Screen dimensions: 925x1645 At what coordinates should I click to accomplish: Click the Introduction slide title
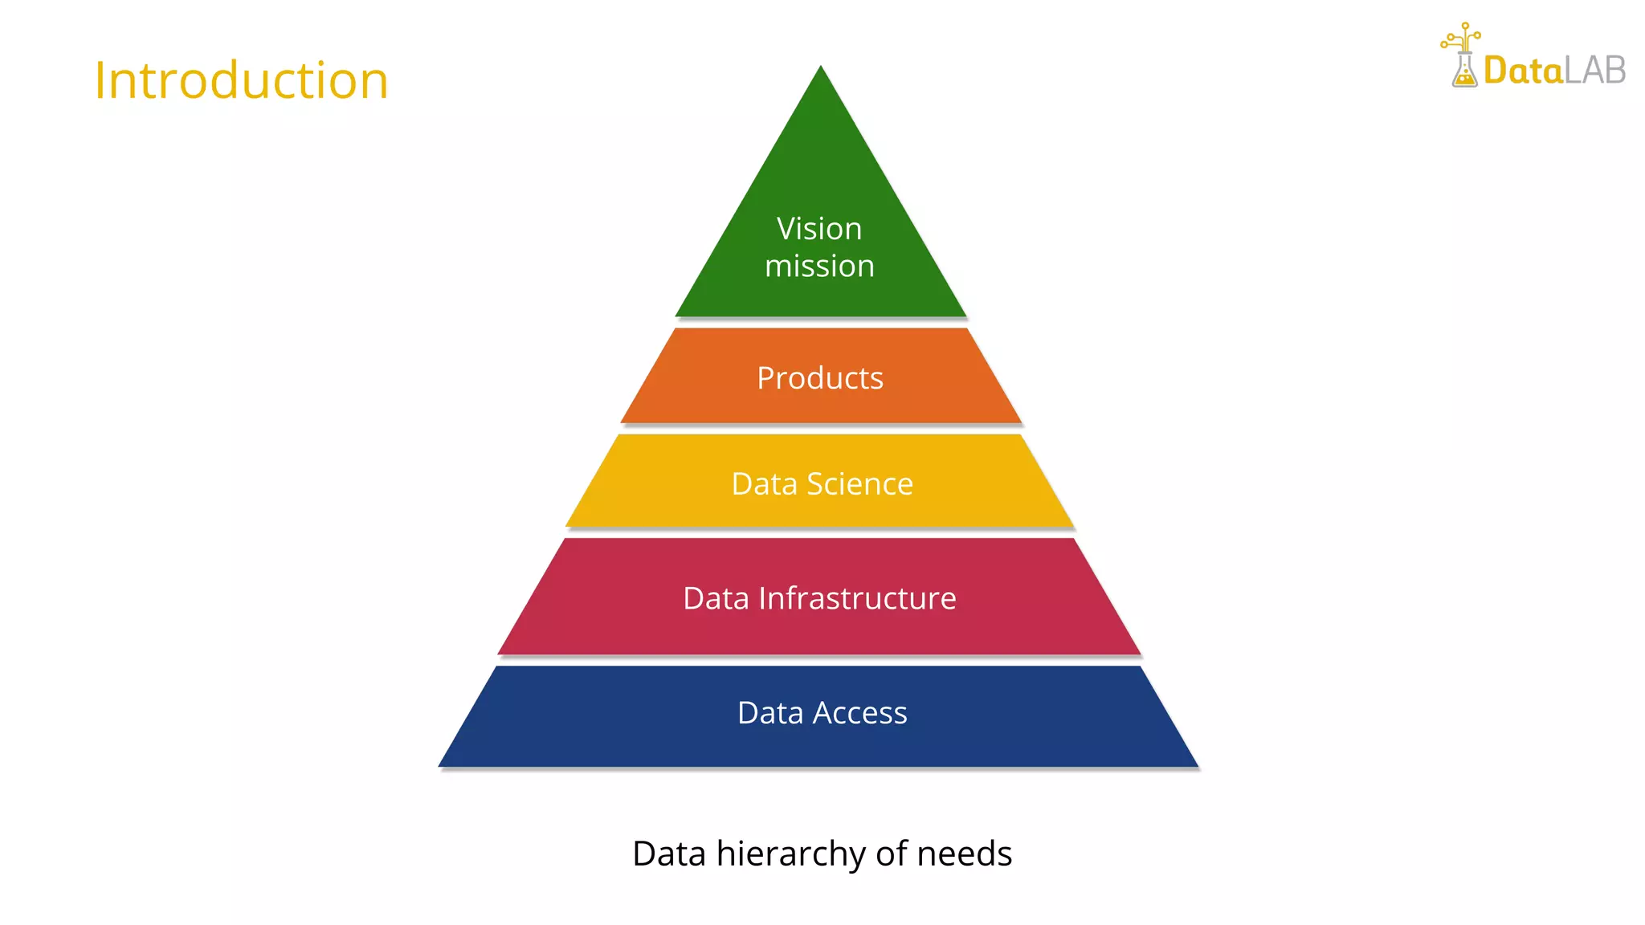click(x=241, y=80)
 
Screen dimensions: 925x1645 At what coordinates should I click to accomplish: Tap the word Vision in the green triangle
click(x=819, y=229)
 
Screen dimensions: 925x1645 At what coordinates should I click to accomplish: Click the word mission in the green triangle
click(x=819, y=267)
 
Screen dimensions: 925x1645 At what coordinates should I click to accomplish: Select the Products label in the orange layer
click(x=820, y=378)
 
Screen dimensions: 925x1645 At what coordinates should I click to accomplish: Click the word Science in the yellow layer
click(x=859, y=484)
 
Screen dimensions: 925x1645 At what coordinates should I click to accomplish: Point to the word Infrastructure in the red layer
click(x=857, y=599)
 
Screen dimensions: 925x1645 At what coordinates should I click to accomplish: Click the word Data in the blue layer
click(x=770, y=713)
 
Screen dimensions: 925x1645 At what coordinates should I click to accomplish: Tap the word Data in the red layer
click(x=716, y=599)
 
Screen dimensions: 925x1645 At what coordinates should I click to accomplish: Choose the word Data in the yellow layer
click(x=764, y=484)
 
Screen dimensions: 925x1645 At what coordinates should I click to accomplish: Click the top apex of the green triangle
click(x=820, y=68)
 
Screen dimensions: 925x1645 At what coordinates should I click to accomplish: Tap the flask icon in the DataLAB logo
click(x=1464, y=68)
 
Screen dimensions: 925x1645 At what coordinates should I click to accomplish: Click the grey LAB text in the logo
click(x=1595, y=71)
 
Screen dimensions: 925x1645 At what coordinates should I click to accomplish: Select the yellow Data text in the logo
click(x=1523, y=71)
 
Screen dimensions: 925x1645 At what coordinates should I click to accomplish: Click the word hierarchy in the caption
click(x=791, y=854)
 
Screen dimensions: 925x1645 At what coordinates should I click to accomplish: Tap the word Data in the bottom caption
click(x=669, y=854)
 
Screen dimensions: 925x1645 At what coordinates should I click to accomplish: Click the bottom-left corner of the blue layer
click(x=441, y=765)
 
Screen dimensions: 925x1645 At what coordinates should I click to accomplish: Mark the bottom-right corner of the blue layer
click(x=1196, y=765)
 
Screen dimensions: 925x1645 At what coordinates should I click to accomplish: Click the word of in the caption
click(x=892, y=854)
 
